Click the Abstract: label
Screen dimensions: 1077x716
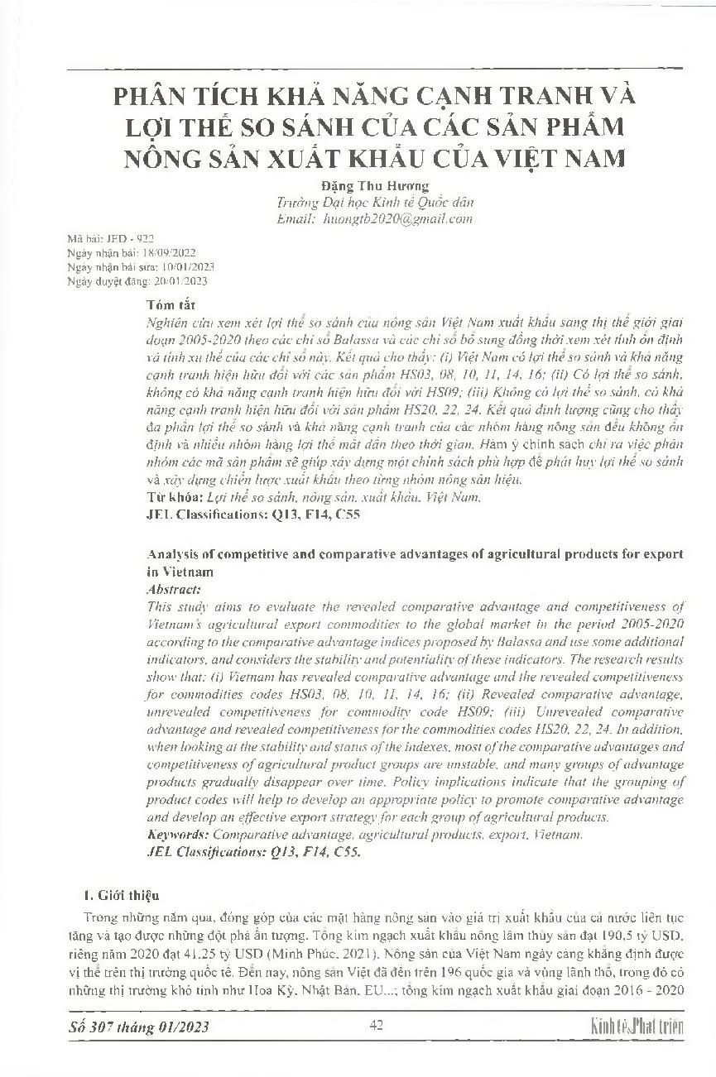(173, 590)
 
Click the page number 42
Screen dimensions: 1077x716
(376, 1027)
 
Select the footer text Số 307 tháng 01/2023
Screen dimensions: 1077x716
(138, 1027)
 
